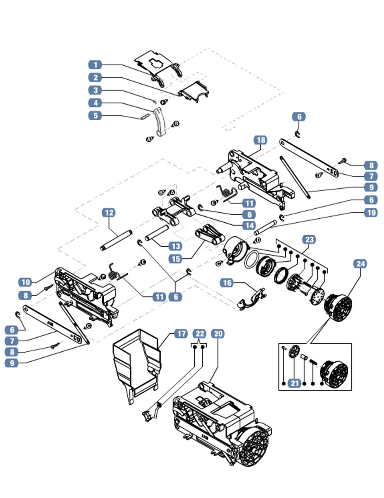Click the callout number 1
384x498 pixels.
95,65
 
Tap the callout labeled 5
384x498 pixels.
95,115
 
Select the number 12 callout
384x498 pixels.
109,212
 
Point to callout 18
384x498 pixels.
260,140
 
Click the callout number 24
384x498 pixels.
360,263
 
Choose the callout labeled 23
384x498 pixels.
309,239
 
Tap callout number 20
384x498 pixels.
218,334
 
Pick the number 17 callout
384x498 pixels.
180,334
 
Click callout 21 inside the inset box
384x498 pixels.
295,383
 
